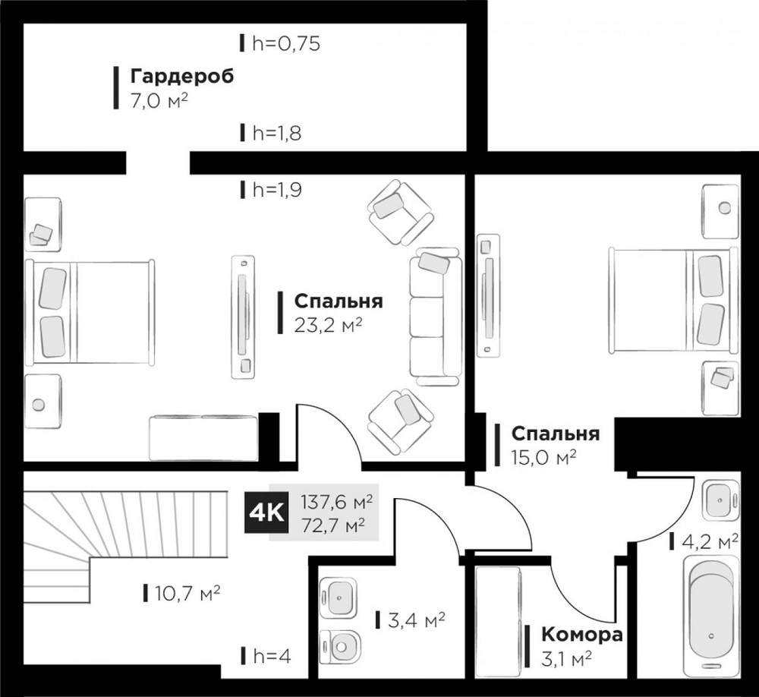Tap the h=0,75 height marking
pyautogui.click(x=285, y=43)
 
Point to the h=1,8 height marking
pyautogui.click(x=276, y=134)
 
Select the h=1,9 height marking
pyautogui.click(x=276, y=190)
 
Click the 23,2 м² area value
pyautogui.click(x=327, y=325)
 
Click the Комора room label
pyautogui.click(x=581, y=635)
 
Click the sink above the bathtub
pyautogui.click(x=716, y=500)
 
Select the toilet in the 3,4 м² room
pyautogui.click(x=340, y=646)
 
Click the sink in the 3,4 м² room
pyautogui.click(x=339, y=597)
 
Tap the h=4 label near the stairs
pyautogui.click(x=270, y=655)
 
